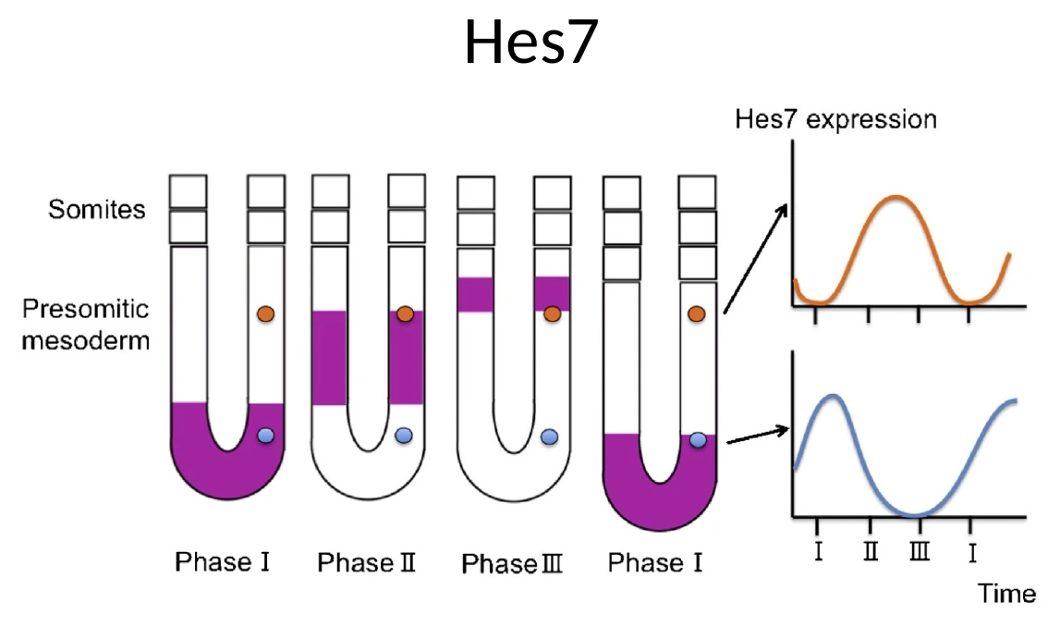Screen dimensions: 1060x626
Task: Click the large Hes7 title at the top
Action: point(531,42)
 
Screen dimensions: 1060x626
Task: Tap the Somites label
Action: point(97,210)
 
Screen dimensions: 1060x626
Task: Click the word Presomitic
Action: point(85,309)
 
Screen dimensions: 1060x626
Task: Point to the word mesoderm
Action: point(86,339)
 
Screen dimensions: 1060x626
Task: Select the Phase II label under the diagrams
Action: point(366,561)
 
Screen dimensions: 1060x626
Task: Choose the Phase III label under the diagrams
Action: point(512,563)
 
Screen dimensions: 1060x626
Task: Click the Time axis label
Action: point(1006,594)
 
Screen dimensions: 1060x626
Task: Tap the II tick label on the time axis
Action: point(871,551)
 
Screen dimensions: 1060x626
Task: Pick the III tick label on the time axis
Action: point(920,551)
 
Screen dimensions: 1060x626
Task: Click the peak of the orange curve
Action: point(896,197)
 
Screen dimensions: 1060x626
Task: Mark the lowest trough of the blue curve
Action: point(915,515)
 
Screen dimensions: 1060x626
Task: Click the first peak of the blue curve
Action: point(834,396)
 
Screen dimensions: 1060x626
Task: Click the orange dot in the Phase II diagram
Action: point(405,314)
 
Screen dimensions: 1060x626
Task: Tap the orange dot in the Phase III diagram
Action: point(553,314)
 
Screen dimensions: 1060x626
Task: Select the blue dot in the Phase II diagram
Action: point(404,436)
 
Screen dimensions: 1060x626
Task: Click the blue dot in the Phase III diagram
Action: point(550,436)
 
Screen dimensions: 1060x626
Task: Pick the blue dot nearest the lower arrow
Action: point(698,440)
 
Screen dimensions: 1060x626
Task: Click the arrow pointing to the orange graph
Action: point(755,259)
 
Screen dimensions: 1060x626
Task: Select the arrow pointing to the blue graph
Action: point(758,436)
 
